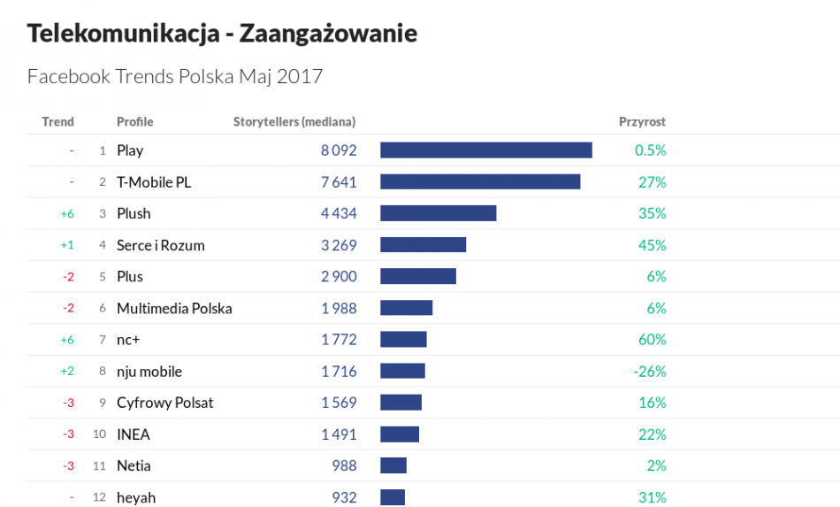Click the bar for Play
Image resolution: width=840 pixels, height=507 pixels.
click(485, 150)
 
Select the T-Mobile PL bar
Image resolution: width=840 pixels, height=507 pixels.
click(480, 181)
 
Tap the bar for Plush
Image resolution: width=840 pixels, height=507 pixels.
click(438, 213)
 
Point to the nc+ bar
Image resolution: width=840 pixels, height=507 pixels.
click(403, 339)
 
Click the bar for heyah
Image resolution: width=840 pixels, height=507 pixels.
click(393, 497)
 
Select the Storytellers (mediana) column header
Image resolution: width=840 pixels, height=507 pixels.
click(294, 121)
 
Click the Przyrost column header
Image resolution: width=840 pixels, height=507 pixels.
click(642, 121)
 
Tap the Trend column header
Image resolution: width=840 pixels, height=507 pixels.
click(57, 121)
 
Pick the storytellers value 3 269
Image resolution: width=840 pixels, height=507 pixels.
click(339, 245)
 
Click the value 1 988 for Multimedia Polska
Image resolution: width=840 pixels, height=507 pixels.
click(339, 308)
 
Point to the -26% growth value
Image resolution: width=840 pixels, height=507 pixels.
click(649, 371)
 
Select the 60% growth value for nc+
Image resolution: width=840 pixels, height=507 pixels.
click(653, 339)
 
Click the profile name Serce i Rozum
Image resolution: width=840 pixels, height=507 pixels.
click(161, 245)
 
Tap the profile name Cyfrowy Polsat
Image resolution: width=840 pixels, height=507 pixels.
click(165, 403)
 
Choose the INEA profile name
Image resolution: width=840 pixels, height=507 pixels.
click(134, 434)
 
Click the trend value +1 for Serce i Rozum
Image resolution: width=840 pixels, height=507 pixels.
click(67, 245)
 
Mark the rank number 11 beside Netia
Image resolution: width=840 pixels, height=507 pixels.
click(99, 466)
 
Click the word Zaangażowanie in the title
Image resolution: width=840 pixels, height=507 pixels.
click(328, 34)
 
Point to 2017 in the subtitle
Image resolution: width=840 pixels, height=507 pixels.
click(300, 77)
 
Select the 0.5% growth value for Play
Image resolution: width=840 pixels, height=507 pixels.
click(650, 150)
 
